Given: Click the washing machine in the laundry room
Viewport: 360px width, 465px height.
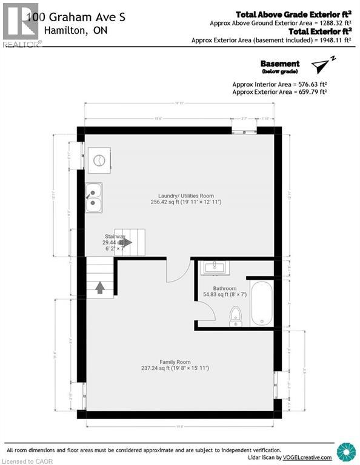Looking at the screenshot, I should (99, 160).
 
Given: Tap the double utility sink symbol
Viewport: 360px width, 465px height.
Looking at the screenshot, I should (93, 198).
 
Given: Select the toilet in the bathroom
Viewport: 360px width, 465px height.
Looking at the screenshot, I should (236, 315).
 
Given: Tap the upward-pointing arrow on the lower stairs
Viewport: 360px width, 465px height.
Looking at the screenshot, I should (99, 286).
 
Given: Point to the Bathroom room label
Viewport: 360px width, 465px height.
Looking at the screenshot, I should (225, 288).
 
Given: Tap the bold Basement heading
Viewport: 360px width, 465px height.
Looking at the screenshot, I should (279, 64).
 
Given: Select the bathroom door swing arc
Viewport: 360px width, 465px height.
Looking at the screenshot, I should (206, 310).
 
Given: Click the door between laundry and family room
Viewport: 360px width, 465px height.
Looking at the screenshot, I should (179, 271).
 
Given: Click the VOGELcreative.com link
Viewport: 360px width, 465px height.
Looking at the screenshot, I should (310, 457).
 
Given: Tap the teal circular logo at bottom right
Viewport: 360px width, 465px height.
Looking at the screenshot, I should (347, 452).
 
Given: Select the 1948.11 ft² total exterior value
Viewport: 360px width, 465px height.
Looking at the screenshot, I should (335, 41).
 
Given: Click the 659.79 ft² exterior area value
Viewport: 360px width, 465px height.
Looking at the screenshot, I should (310, 91).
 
